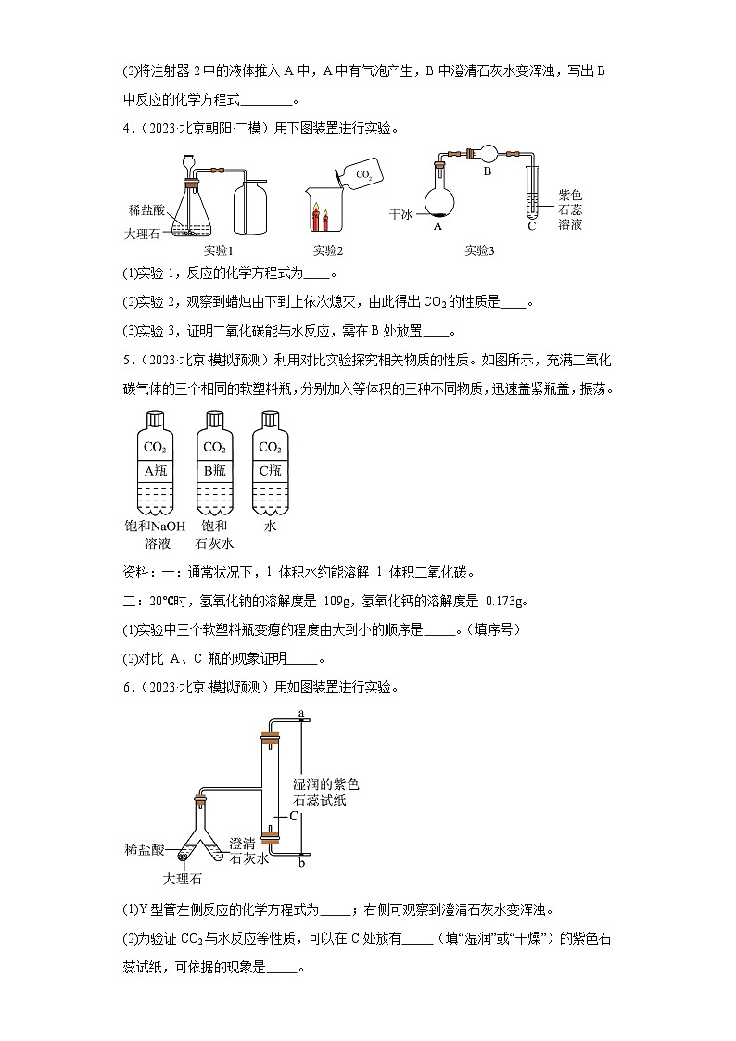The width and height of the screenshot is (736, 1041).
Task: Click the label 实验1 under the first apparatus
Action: [218, 249]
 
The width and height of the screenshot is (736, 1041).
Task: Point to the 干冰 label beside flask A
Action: [400, 213]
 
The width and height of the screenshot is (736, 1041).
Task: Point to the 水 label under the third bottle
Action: [270, 526]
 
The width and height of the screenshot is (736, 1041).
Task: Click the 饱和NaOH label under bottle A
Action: [155, 526]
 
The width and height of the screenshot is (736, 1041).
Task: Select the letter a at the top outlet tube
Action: [302, 712]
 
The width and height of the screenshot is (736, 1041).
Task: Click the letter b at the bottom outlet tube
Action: [302, 863]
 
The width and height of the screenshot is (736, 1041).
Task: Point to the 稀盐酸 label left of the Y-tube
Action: [145, 849]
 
